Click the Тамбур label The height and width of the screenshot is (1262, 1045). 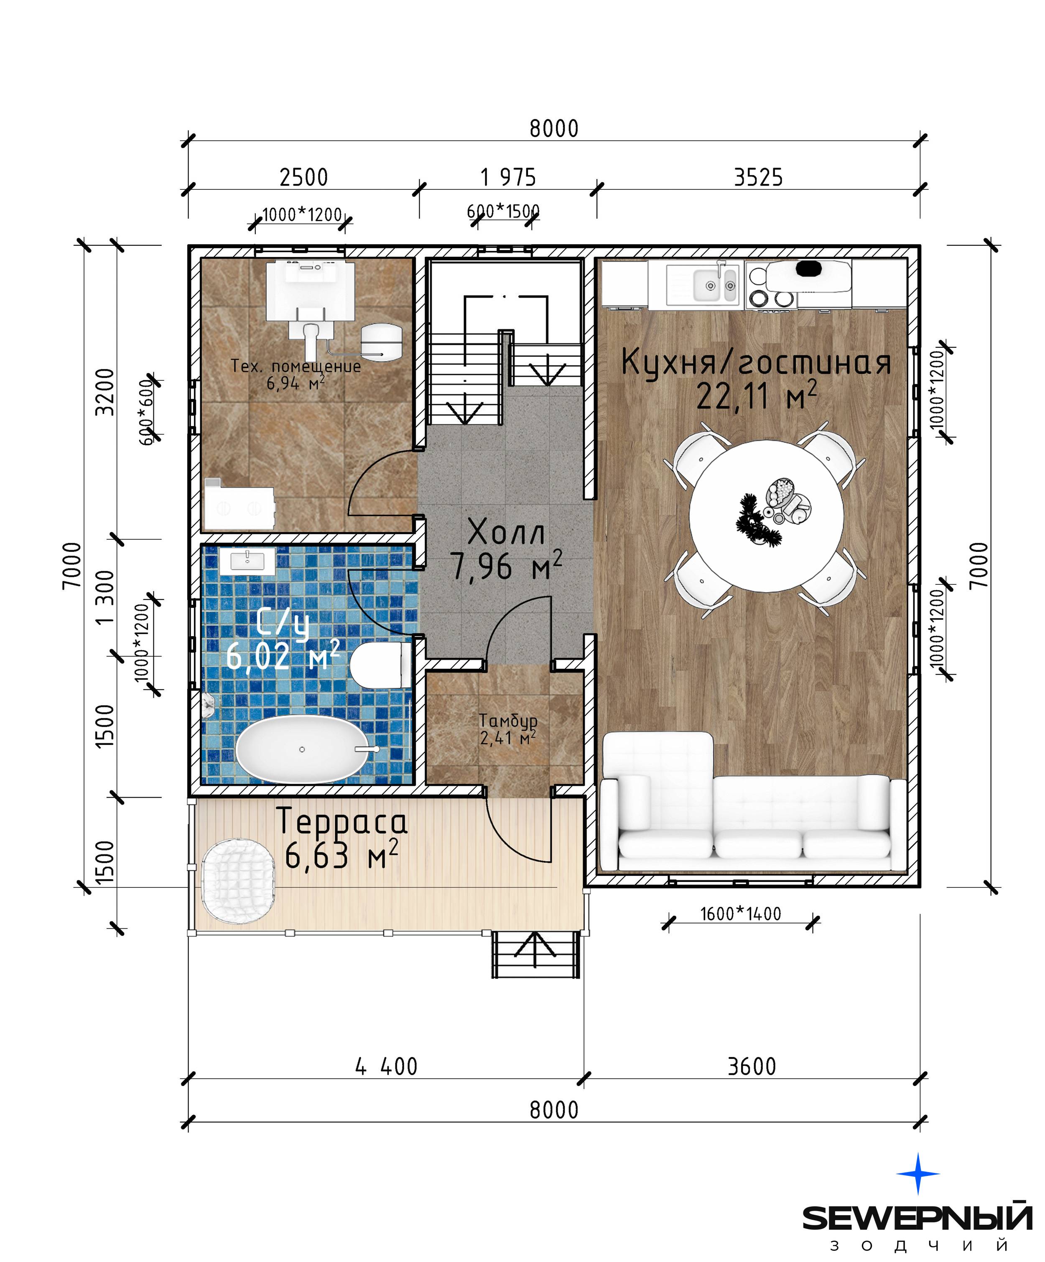(508, 721)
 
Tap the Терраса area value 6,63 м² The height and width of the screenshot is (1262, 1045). (341, 855)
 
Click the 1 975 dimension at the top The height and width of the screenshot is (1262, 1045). (508, 178)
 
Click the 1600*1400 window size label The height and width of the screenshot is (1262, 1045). (740, 914)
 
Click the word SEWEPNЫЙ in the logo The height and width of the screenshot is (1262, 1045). (918, 1218)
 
